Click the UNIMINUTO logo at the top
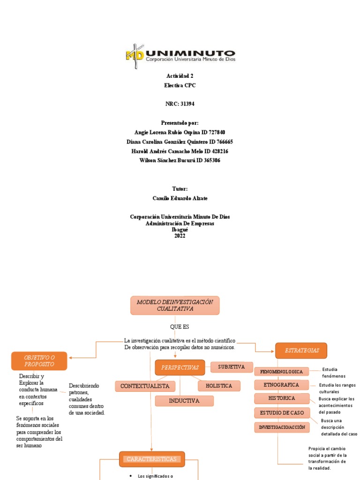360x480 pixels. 180,56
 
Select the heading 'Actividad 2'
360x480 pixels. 180,76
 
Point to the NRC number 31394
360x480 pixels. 188,104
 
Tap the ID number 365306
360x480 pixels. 211,161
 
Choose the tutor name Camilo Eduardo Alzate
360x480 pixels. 180,199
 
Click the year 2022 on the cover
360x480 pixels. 180,236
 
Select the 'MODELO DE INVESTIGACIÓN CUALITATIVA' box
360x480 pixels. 175,306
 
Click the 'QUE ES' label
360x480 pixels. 180,326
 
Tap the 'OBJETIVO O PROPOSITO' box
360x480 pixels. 39,361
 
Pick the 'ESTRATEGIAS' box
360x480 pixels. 301,351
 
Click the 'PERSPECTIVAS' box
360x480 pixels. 180,367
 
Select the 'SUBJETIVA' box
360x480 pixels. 232,367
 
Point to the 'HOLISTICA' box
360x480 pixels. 219,386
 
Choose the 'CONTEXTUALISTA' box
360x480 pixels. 145,386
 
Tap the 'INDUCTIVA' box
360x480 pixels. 184,401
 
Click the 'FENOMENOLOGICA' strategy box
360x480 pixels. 282,372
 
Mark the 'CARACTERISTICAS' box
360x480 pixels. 152,459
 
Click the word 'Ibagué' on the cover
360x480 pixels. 180,230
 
